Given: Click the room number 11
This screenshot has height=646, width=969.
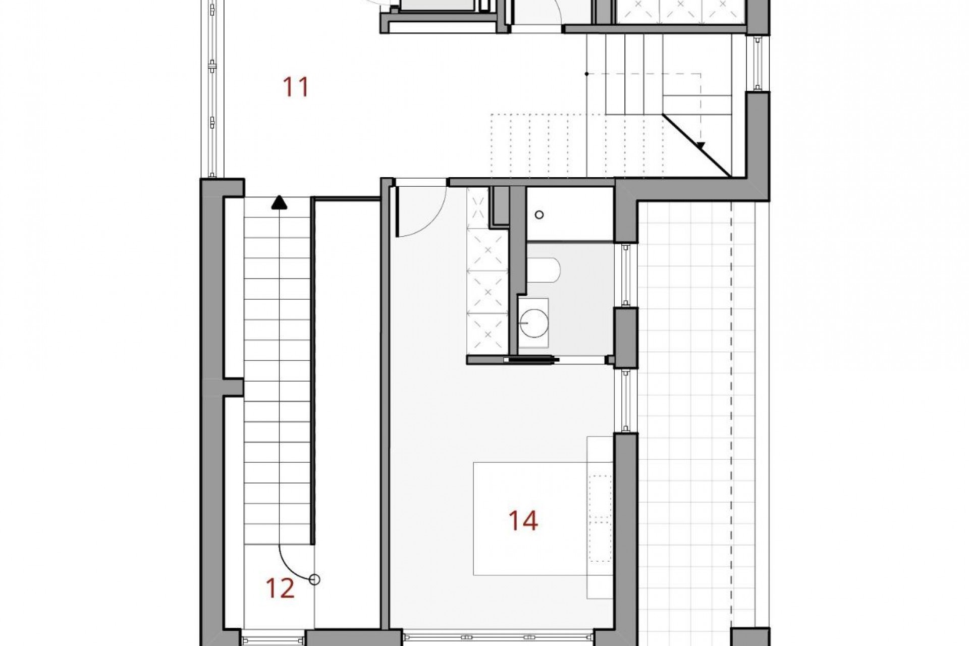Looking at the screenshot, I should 296,87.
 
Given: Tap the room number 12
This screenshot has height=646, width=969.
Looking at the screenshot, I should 280,588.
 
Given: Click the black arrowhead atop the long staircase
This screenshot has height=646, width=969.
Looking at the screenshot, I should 279,203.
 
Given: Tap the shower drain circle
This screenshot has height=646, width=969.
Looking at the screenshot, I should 539,215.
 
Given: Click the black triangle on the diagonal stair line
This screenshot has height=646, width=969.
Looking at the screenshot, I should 701,146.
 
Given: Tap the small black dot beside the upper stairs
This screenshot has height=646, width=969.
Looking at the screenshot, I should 586,74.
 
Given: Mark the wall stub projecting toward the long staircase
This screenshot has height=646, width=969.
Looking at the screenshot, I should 233,387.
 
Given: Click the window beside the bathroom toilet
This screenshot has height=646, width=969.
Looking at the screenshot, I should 626,275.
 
